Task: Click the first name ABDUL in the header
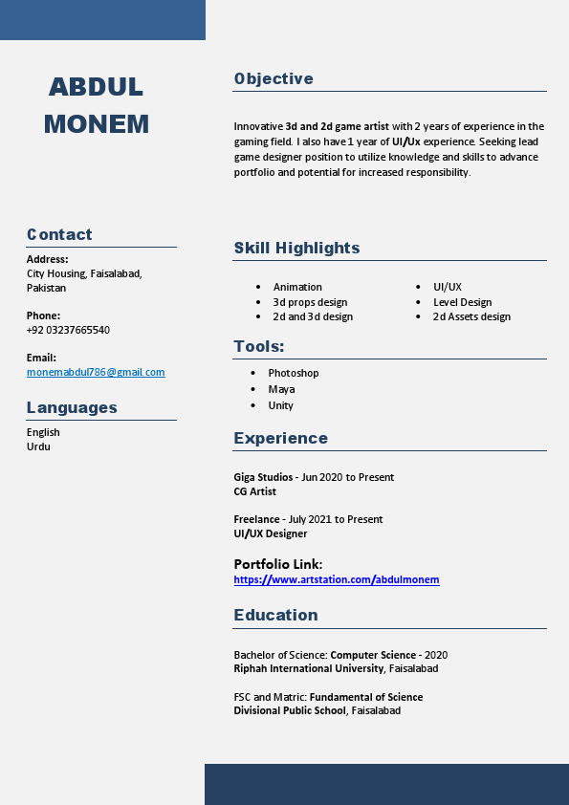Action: point(96,87)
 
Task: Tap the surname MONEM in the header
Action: point(97,124)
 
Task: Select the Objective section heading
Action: point(274,78)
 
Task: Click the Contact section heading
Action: point(59,234)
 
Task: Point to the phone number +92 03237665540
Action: point(68,330)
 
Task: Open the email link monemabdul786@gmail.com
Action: point(96,372)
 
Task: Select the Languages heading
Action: point(72,407)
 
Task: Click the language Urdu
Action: point(38,446)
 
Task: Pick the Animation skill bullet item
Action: point(297,287)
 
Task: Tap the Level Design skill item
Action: point(462,302)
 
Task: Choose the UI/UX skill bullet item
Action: point(447,287)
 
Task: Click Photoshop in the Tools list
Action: point(293,373)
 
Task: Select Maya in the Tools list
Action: point(281,389)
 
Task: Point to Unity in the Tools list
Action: point(280,405)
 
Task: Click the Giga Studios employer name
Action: point(263,477)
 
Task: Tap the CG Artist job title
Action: point(254,491)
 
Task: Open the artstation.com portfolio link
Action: point(337,579)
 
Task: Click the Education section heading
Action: point(275,615)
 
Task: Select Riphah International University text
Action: point(309,668)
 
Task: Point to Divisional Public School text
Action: point(290,710)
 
